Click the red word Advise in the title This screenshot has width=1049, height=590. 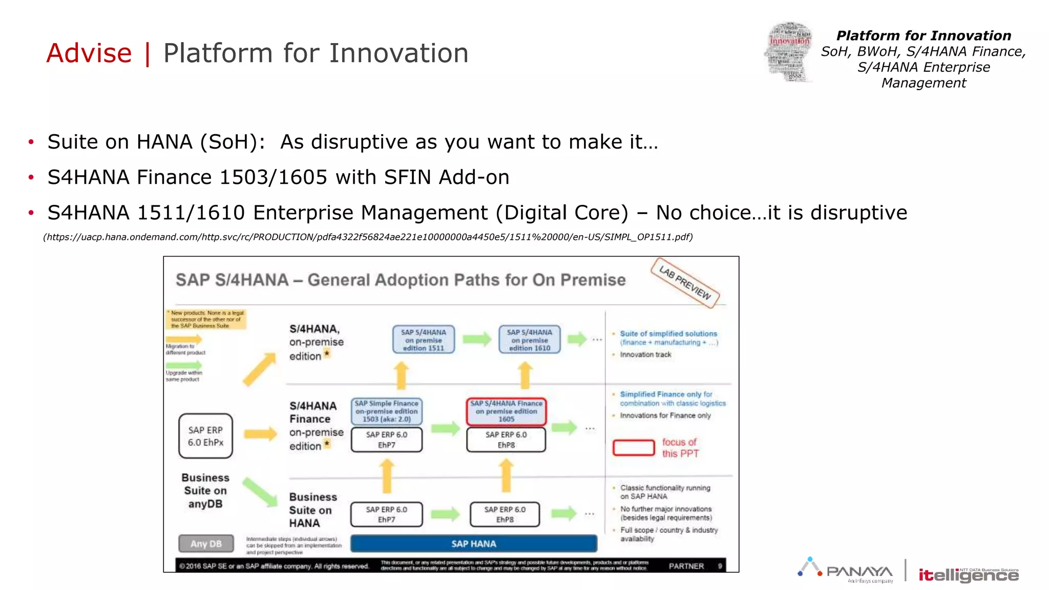[x=89, y=53]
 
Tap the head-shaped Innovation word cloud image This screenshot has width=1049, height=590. [x=788, y=52]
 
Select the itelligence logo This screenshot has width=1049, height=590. [x=968, y=575]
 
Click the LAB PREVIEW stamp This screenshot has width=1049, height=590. [x=685, y=283]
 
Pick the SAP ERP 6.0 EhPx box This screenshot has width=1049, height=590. [x=205, y=436]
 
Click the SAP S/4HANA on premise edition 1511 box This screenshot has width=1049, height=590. [x=423, y=340]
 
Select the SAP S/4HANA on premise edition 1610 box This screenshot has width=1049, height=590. [x=529, y=340]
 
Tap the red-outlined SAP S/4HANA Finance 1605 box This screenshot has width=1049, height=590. [x=506, y=411]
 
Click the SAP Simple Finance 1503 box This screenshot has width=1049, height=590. [x=387, y=411]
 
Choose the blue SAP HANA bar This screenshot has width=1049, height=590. [x=473, y=543]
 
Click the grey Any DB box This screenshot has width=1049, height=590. [x=206, y=543]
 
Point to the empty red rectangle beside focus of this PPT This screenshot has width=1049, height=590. [x=634, y=448]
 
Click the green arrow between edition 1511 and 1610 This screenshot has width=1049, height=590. [x=476, y=339]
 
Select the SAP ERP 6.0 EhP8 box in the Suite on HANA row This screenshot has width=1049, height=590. [x=505, y=514]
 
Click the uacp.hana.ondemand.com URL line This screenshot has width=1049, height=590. [x=368, y=237]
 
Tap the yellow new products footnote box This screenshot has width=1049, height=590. [x=206, y=319]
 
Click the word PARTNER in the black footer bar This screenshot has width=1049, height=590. [x=686, y=566]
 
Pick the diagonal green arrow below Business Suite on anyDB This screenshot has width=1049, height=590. [x=260, y=492]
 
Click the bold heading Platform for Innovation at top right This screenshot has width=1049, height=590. [x=923, y=36]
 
